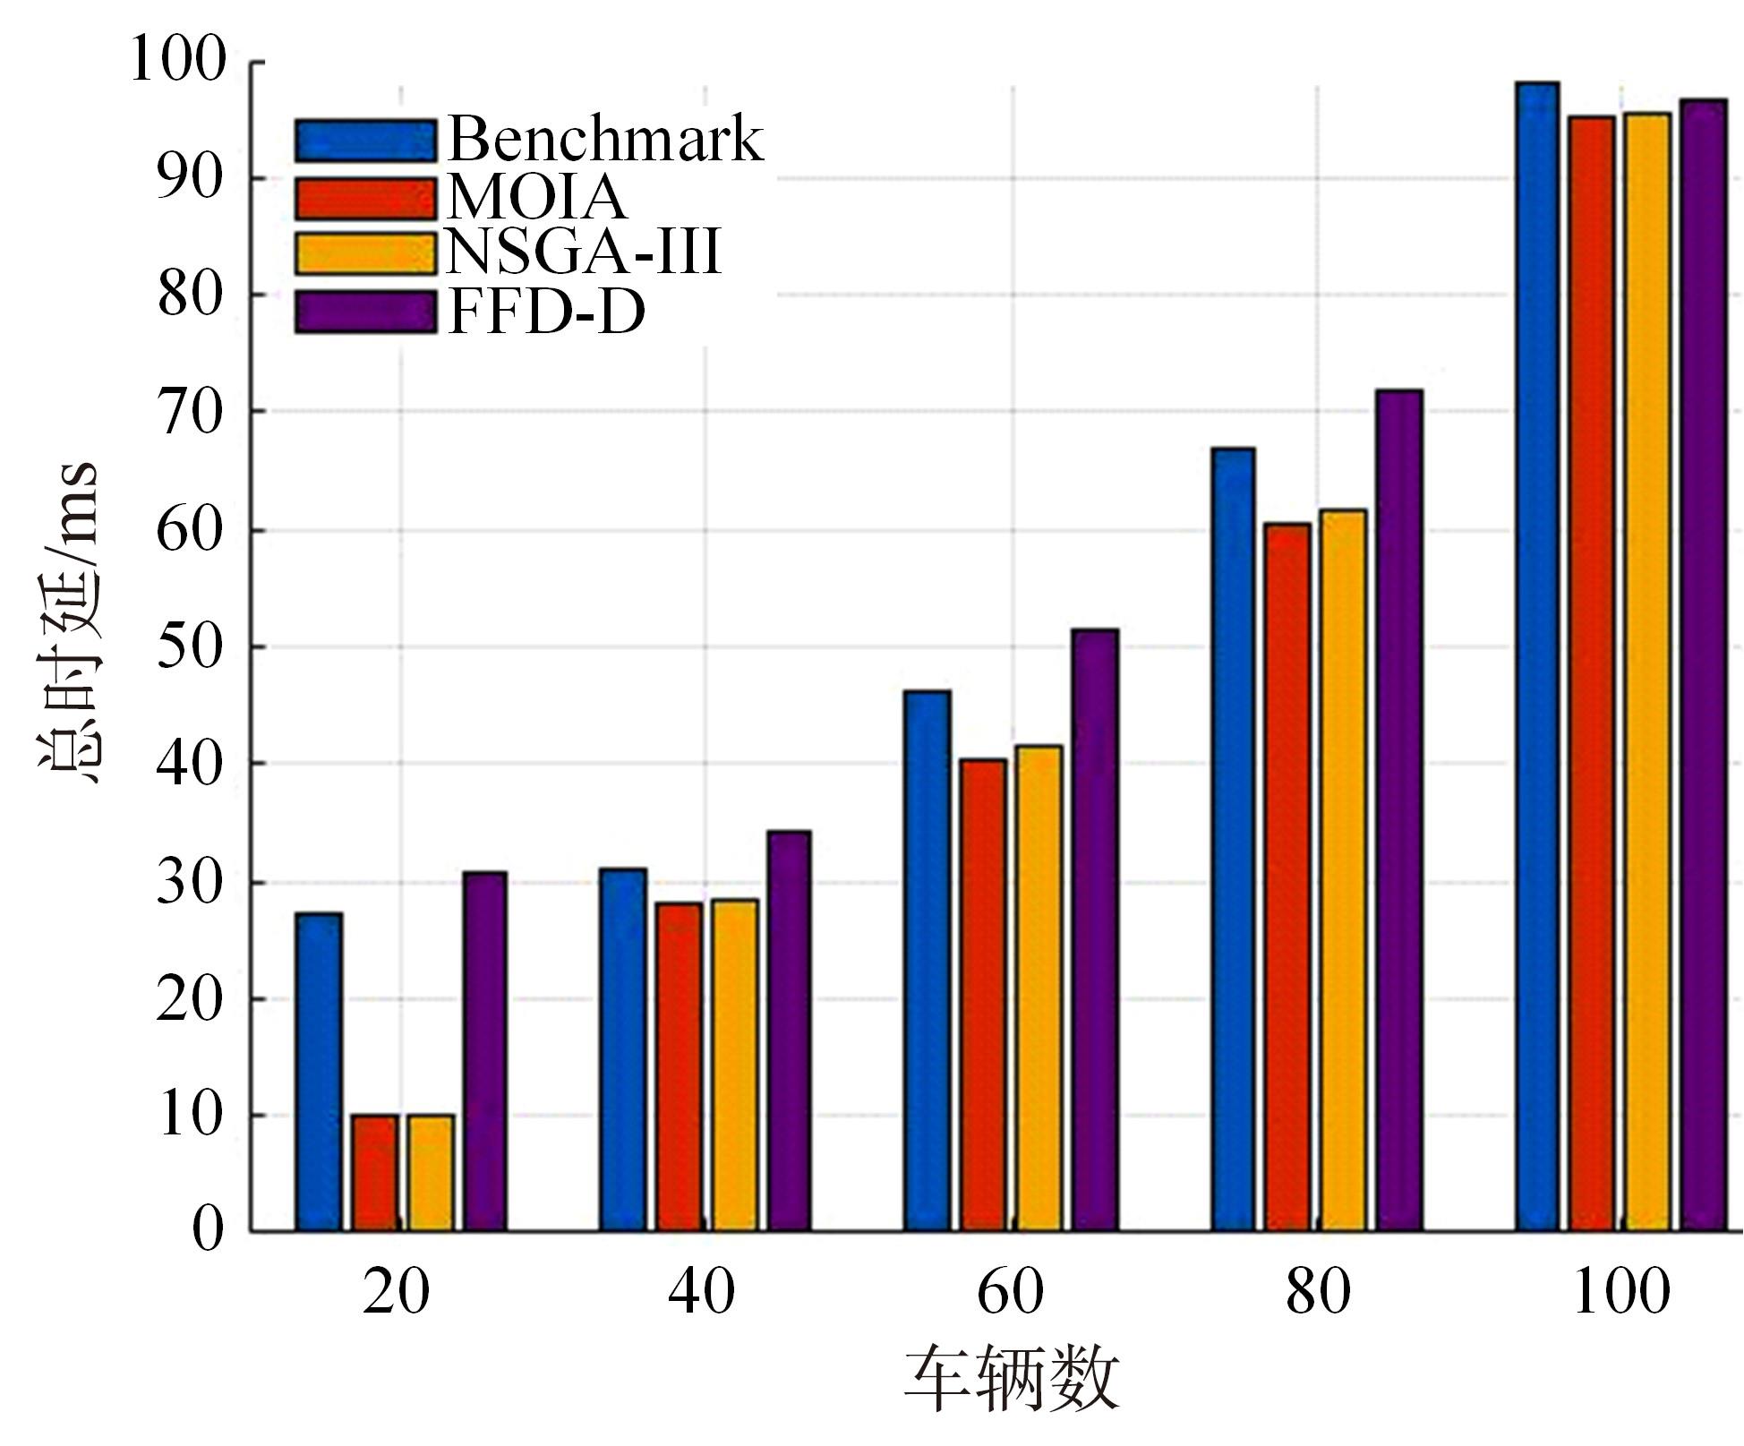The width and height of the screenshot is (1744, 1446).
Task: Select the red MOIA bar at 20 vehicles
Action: coord(375,1172)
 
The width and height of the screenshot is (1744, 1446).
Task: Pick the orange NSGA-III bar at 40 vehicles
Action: coord(735,1065)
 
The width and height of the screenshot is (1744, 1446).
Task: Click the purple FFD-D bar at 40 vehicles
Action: coord(789,1031)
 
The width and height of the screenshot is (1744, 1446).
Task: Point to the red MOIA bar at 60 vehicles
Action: coord(983,995)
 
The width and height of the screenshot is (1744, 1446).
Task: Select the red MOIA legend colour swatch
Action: coord(365,198)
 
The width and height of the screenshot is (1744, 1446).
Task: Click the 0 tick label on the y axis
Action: coord(208,1230)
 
